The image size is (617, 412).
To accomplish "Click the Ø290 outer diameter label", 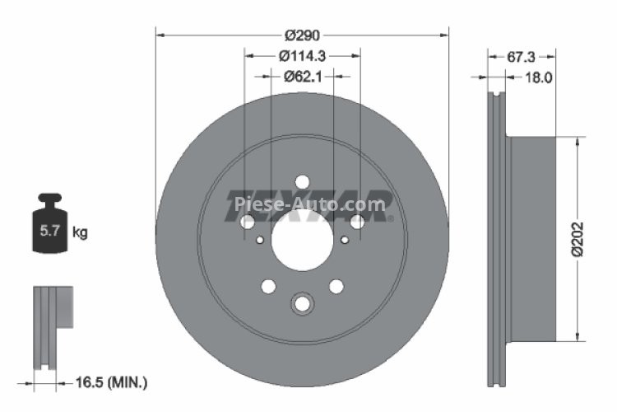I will [302, 35].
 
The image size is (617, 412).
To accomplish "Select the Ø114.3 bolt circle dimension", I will [302, 56].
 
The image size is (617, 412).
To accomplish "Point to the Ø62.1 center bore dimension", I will [302, 77].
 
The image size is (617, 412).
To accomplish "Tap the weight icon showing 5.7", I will [49, 227].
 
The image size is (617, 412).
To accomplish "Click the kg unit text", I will [80, 232].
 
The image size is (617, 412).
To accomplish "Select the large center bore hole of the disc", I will [302, 241].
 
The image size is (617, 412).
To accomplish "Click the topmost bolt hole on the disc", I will [302, 182].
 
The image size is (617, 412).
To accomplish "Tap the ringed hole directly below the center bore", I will [302, 304].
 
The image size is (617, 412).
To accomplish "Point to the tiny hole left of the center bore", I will [260, 241].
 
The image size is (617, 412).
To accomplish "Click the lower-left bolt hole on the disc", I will [267, 287].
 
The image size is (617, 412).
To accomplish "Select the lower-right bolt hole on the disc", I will [336, 287].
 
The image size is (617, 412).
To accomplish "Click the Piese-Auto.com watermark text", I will [309, 204].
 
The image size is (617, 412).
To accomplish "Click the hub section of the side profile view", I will [535, 239].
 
